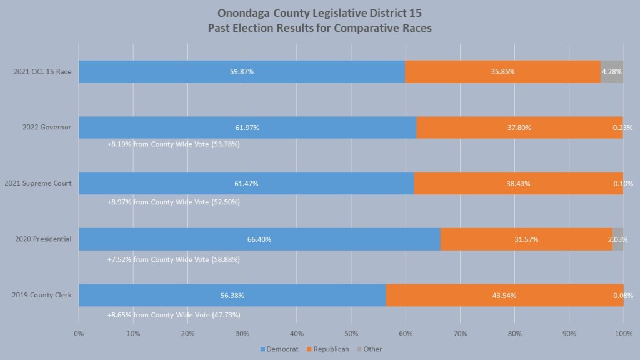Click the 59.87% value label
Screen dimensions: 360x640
241,72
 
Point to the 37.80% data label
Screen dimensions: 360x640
519,128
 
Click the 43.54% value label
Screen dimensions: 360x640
504,295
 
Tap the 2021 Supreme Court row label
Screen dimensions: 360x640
42,184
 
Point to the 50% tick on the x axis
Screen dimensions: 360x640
351,334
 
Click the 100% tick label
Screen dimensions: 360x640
623,334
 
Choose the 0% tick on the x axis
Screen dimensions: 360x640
79,334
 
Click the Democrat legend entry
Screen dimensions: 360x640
279,349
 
